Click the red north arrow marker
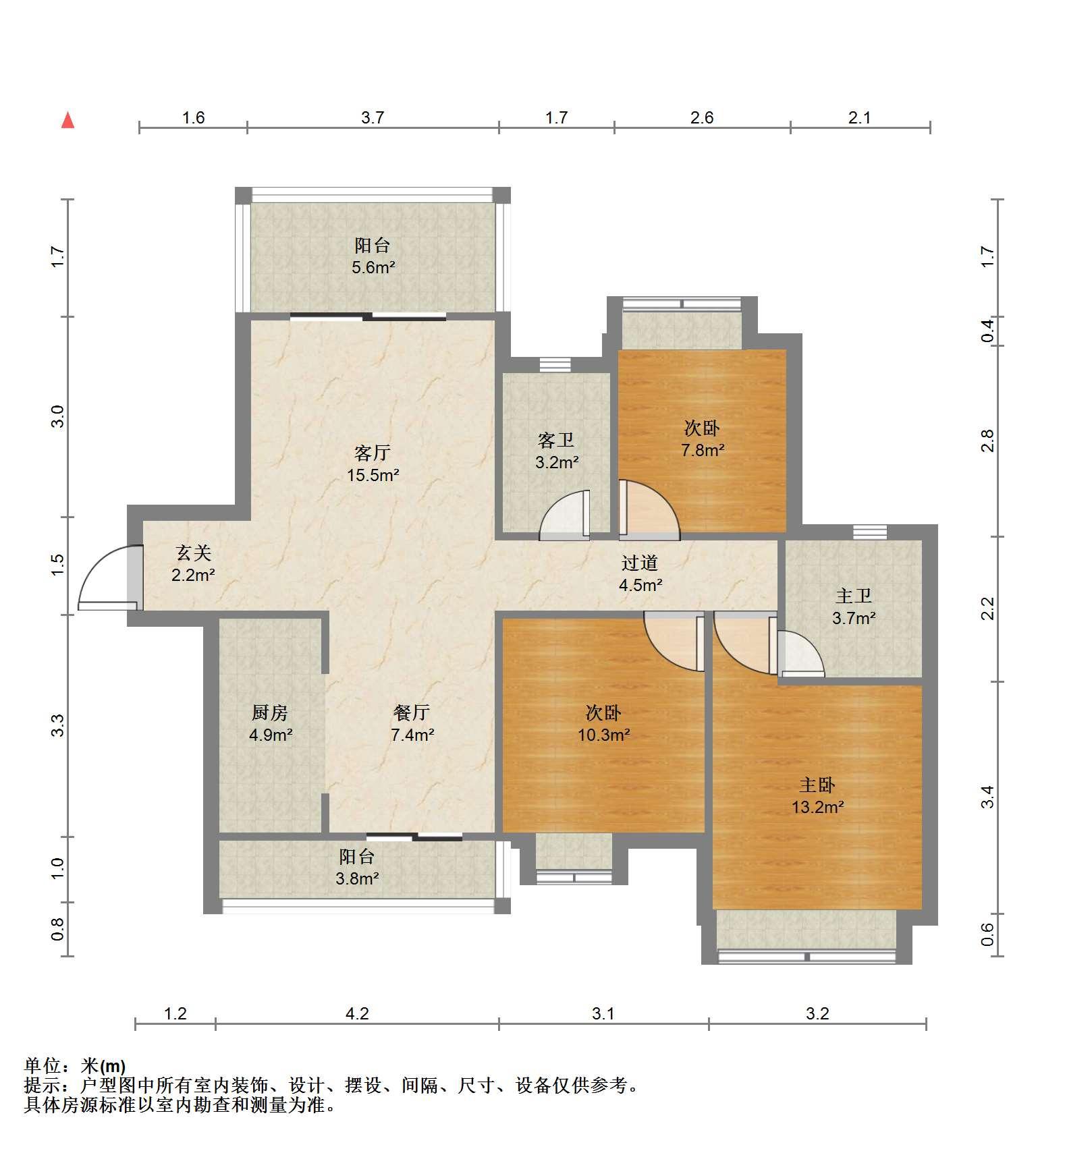click(67, 120)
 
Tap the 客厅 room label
click(373, 453)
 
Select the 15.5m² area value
click(373, 475)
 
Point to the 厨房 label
click(270, 712)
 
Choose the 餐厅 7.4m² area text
click(412, 735)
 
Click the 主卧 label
click(817, 785)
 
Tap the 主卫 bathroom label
click(854, 596)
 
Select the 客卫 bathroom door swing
click(564, 515)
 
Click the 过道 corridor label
click(640, 563)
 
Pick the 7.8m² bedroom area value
click(703, 450)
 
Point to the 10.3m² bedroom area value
click(603, 735)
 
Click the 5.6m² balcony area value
click(373, 267)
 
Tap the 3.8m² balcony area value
click(357, 878)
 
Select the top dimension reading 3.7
click(373, 118)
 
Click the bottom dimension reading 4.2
click(357, 1014)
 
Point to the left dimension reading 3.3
click(58, 725)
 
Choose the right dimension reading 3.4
click(987, 797)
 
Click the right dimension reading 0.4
click(987, 331)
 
